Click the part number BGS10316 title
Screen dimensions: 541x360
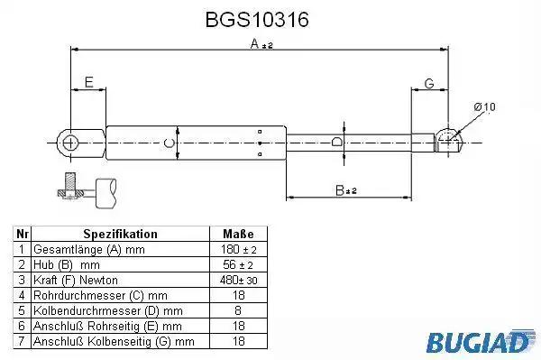pyautogui.click(x=257, y=19)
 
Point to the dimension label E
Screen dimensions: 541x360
pyautogui.click(x=88, y=82)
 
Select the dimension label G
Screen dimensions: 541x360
pyautogui.click(x=429, y=84)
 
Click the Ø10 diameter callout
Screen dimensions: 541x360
pyautogui.click(x=484, y=107)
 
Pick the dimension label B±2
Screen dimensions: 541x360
pyautogui.click(x=345, y=189)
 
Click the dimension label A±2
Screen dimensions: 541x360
pyautogui.click(x=261, y=44)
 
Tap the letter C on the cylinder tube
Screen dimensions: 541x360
pyautogui.click(x=169, y=143)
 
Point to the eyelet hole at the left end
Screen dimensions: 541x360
pyautogui.click(x=70, y=143)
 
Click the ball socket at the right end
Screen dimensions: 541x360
pyautogui.click(x=448, y=140)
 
